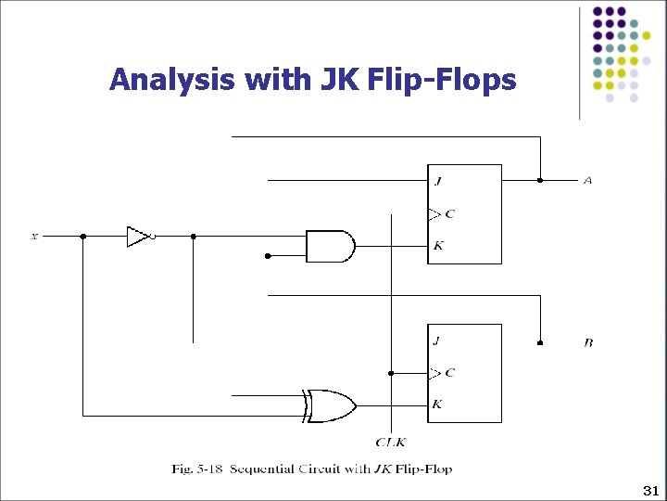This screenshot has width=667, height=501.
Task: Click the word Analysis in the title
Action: click(x=172, y=80)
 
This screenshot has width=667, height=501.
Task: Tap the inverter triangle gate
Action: click(x=137, y=237)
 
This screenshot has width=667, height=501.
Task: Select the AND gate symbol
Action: click(x=329, y=246)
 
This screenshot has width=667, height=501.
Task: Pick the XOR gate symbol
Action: click(x=331, y=405)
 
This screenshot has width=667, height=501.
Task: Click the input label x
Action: click(x=35, y=237)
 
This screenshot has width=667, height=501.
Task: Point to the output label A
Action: click(x=587, y=180)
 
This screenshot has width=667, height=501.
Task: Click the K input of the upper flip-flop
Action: click(x=437, y=246)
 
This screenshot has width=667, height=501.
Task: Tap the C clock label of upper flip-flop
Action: click(x=449, y=213)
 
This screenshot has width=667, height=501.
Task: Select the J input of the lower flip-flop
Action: click(x=436, y=340)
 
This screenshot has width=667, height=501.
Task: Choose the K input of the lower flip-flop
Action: click(x=437, y=405)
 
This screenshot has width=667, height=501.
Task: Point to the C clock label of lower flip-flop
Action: click(x=449, y=373)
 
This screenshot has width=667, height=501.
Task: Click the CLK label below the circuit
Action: click(x=390, y=443)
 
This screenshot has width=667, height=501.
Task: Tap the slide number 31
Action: click(x=648, y=489)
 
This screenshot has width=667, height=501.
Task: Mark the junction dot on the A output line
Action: click(x=540, y=180)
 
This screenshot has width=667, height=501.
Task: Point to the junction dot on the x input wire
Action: click(x=83, y=237)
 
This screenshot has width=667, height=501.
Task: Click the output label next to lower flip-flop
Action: click(x=588, y=343)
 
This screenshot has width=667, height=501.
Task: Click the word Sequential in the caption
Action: click(x=264, y=469)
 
